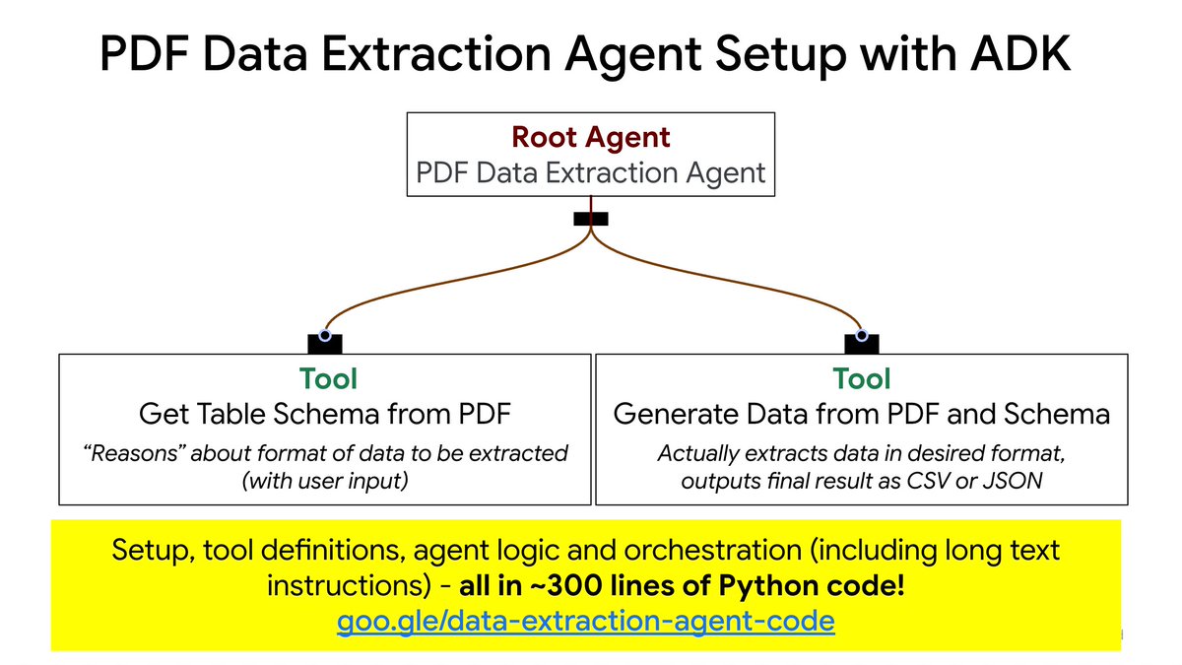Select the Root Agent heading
click(590, 138)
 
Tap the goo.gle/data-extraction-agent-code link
click(586, 622)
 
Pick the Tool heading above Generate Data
click(861, 378)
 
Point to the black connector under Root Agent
click(590, 219)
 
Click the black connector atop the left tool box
click(325, 343)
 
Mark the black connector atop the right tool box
click(862, 343)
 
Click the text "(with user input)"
click(326, 482)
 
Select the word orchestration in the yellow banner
click(716, 548)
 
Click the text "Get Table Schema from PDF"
click(326, 414)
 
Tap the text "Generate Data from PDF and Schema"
click(861, 414)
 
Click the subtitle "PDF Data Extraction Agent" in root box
click(590, 173)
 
